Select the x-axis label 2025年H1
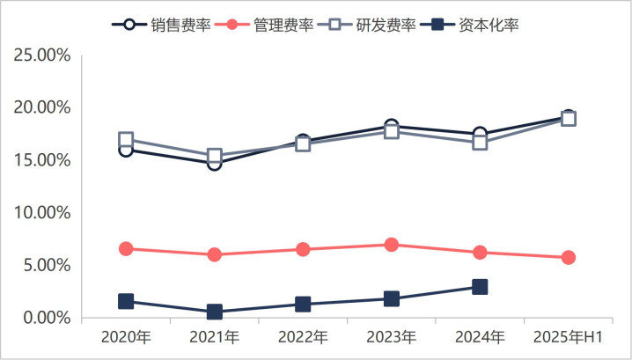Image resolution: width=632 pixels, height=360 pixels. click(568, 337)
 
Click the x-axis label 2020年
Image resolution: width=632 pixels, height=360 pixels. click(126, 337)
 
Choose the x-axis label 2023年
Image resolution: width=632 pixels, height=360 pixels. click(391, 337)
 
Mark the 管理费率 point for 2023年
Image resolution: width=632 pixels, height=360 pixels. click(391, 245)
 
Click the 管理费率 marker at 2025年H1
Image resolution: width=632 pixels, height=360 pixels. click(569, 258)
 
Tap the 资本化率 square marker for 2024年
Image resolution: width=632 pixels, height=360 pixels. click(480, 287)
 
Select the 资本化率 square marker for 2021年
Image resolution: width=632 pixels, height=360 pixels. click(214, 312)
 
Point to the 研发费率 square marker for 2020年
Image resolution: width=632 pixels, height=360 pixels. click(126, 140)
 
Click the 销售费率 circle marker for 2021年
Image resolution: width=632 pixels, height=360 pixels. click(214, 164)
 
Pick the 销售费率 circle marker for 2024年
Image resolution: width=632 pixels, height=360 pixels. click(480, 134)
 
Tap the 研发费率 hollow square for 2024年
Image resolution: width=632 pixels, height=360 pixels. click(480, 143)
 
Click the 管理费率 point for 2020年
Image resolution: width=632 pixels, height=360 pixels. click(126, 249)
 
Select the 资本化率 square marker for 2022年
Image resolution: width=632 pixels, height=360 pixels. click(303, 305)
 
